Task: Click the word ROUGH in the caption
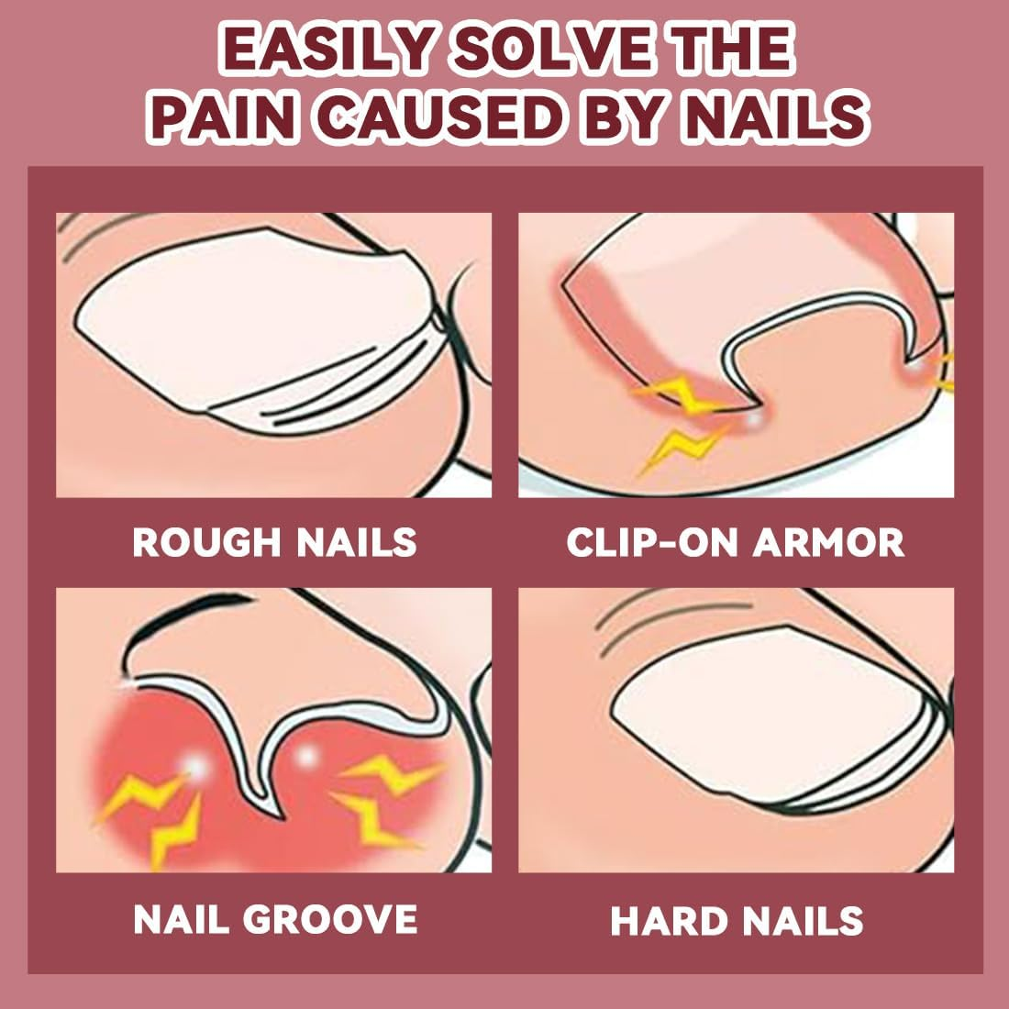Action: (x=206, y=542)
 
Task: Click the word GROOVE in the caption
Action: (x=332, y=919)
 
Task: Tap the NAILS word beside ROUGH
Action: (x=357, y=542)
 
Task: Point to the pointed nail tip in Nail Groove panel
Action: (x=281, y=817)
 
